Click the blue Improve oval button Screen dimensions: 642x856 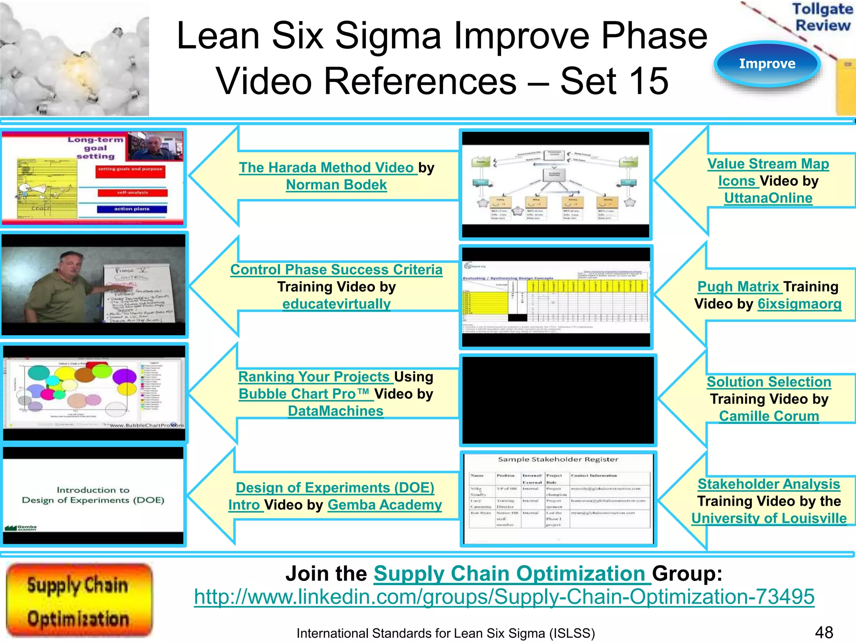point(767,64)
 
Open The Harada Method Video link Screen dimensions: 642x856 point(328,168)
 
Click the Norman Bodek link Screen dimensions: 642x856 point(336,185)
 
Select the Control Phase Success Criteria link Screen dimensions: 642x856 point(336,270)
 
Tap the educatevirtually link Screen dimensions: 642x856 point(336,304)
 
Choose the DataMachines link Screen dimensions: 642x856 point(335,411)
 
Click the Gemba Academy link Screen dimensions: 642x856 point(385,505)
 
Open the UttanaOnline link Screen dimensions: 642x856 point(768,198)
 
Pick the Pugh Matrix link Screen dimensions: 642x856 point(738,287)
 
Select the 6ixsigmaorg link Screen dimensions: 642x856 point(799,304)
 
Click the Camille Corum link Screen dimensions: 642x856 point(769,416)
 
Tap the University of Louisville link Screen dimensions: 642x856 point(769,518)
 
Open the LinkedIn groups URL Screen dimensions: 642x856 point(504,597)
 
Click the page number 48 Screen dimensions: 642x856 point(824,632)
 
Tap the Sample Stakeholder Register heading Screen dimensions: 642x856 point(558,459)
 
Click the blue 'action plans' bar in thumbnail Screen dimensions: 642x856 point(132,209)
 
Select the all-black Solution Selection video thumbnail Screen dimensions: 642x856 point(558,400)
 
